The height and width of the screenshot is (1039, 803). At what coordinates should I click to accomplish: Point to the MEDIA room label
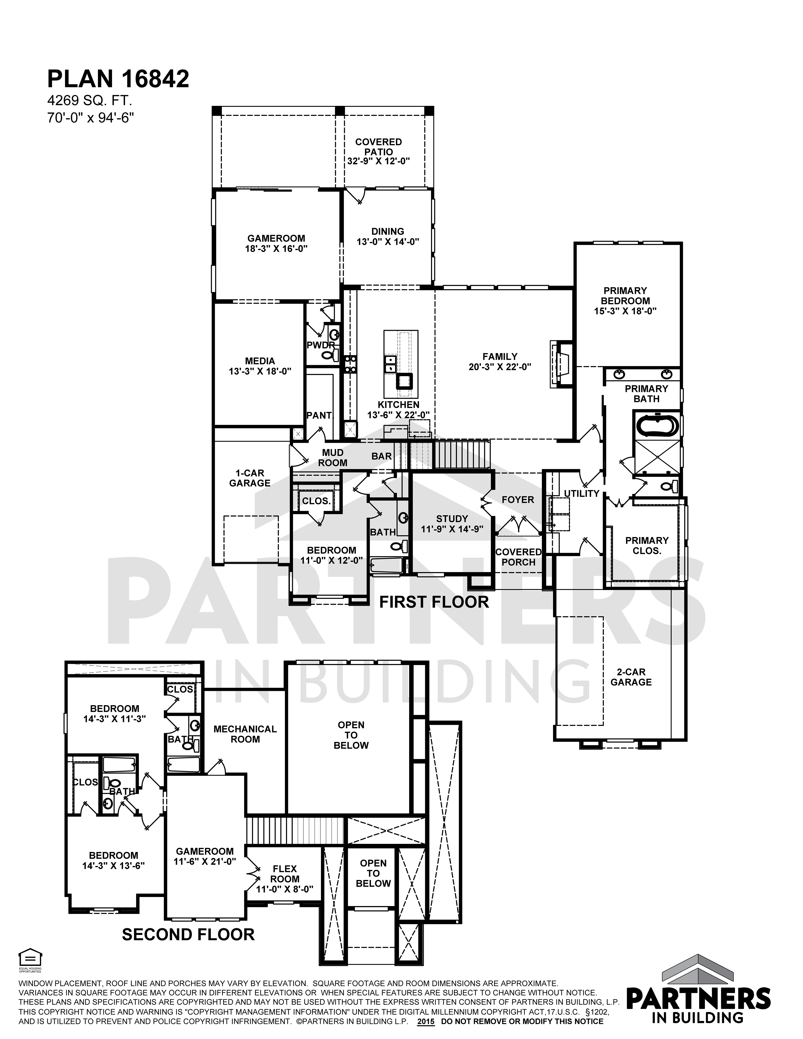(x=260, y=361)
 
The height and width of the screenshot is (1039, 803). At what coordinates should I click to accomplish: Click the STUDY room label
(x=452, y=518)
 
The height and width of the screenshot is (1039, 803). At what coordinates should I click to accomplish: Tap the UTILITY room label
(x=581, y=493)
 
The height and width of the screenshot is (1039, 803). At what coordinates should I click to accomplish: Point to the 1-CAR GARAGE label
(x=250, y=478)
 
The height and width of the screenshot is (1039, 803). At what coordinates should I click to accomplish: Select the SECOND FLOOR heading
(x=188, y=934)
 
